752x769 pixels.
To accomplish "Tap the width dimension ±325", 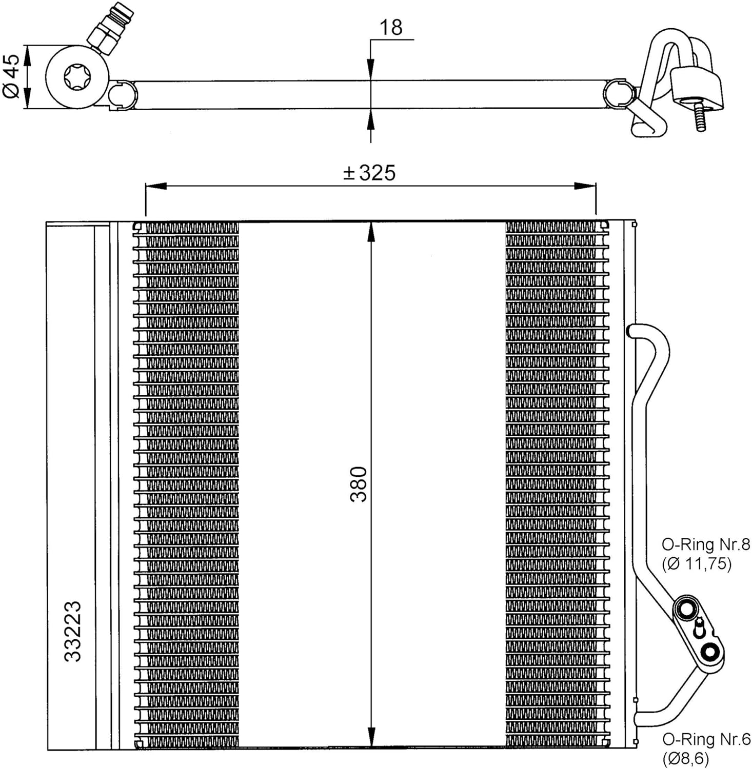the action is [369, 173].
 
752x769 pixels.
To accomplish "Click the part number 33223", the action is [72, 631].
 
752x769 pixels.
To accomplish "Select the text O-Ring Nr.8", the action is [706, 544].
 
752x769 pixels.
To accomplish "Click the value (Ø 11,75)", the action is [697, 564].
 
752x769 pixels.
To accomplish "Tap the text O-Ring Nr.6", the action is [706, 739].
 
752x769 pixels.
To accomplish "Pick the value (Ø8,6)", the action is [685, 758].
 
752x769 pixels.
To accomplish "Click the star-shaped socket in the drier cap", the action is [76, 77].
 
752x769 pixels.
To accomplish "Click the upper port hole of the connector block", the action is [685, 610].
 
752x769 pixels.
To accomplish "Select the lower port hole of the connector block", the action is [710, 652].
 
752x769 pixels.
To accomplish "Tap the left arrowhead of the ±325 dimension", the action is [156, 186].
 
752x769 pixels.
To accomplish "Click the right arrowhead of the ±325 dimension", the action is [585, 186].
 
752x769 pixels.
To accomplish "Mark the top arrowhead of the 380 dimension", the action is [371, 234].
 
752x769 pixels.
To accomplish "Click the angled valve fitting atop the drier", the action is [106, 32].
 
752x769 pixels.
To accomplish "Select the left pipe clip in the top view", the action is [123, 94].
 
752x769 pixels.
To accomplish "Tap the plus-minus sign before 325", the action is [349, 173].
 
